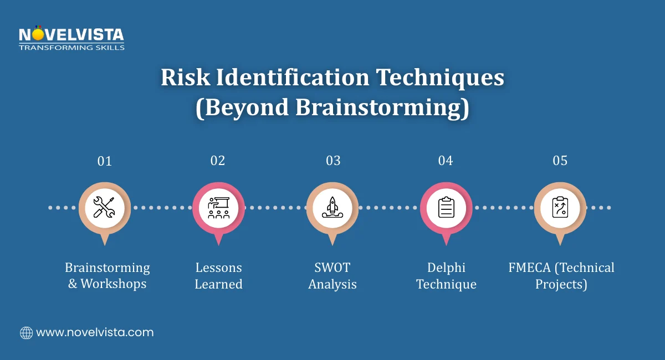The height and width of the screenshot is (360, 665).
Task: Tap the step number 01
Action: pyautogui.click(x=104, y=161)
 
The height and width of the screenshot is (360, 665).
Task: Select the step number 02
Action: pyautogui.click(x=218, y=161)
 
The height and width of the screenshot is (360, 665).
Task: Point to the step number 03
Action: pyautogui.click(x=333, y=161)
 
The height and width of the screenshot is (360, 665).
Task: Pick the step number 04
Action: pyautogui.click(x=446, y=161)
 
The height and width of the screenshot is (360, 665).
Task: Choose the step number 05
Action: pyautogui.click(x=560, y=161)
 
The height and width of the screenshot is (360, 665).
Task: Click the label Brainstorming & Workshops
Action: pyautogui.click(x=108, y=276)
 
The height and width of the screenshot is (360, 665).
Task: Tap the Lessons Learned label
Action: pyautogui.click(x=219, y=276)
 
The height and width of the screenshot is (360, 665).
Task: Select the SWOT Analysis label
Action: pyautogui.click(x=332, y=276)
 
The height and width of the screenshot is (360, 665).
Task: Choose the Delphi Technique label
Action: pyautogui.click(x=446, y=276)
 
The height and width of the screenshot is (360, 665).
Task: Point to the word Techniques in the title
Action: pyautogui.click(x=441, y=79)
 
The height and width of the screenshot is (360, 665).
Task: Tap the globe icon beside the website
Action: pyautogui.click(x=26, y=333)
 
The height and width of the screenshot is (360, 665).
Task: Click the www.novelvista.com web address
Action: pyautogui.click(x=95, y=333)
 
